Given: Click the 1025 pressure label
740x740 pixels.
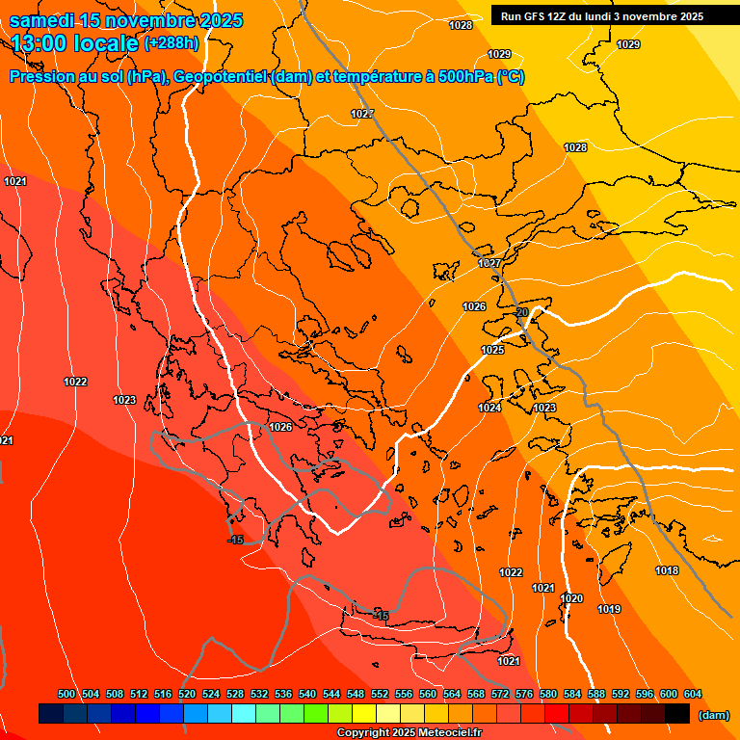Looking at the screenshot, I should point(492,350).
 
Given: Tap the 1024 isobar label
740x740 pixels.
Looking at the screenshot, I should point(489,408).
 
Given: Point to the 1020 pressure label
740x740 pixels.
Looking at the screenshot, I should point(571,598).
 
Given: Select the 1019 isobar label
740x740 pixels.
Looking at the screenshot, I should point(609,609).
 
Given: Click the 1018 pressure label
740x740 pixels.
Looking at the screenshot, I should point(667,570).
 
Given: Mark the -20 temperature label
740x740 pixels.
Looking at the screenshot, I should point(521,312).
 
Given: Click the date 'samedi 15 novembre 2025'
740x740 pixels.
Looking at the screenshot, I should point(125,20).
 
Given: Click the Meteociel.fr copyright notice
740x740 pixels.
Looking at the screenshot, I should point(409,733).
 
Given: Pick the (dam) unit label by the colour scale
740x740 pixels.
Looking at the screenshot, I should point(713,715).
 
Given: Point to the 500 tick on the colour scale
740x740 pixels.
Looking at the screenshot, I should point(66,694).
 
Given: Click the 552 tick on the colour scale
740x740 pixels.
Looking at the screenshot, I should point(380,694).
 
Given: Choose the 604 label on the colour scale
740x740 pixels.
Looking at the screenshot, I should point(693,694).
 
